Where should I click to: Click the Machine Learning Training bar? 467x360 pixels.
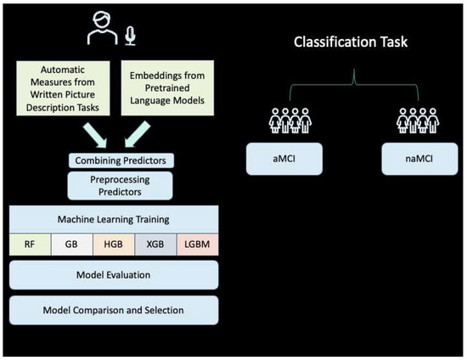click(114, 219)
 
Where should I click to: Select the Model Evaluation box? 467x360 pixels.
click(114, 274)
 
